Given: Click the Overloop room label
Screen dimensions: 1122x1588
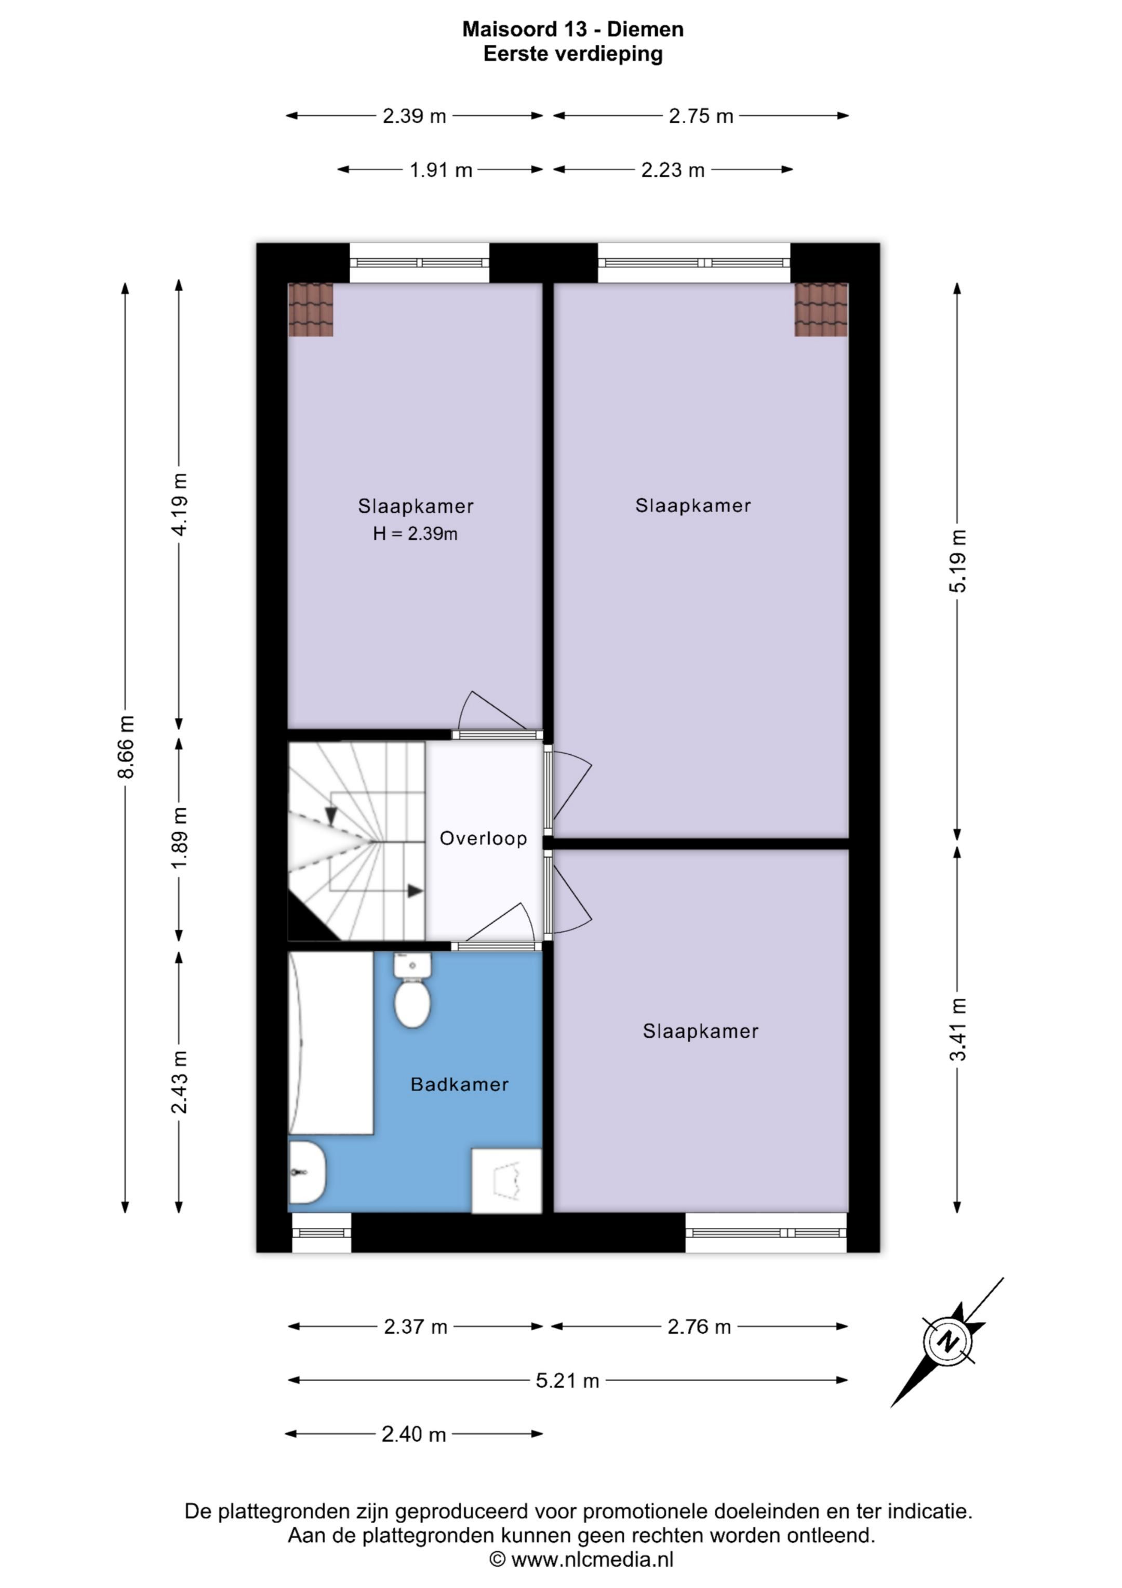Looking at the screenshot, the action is (483, 838).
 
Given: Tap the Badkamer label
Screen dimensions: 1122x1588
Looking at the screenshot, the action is (460, 1084).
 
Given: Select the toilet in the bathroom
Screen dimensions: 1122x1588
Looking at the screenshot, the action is (413, 990).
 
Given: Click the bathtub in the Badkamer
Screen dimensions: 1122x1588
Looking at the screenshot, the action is (330, 1043).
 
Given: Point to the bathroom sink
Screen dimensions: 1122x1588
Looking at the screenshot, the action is (306, 1172).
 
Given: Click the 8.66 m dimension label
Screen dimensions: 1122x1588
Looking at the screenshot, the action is (126, 747).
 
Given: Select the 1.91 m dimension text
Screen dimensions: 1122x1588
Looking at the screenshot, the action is (441, 169).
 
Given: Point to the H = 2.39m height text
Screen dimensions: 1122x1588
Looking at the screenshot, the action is (416, 533).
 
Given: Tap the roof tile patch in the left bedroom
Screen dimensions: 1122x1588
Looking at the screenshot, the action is (311, 309).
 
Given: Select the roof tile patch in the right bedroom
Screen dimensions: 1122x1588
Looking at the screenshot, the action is (821, 309).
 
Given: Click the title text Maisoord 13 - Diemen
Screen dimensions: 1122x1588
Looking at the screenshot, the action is (573, 29).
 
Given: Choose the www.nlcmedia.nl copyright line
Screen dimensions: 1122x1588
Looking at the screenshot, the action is (581, 1559).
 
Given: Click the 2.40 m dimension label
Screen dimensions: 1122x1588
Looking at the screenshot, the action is (414, 1435).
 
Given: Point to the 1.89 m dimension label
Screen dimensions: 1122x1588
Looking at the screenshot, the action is (179, 838).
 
